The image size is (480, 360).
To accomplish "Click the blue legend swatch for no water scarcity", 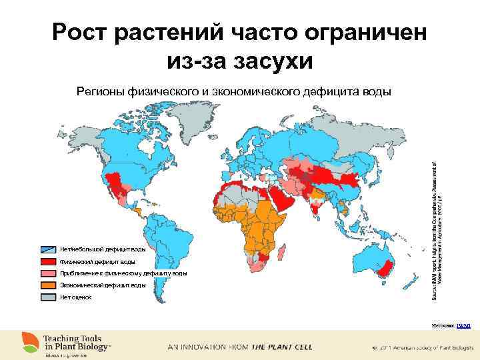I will [49, 249].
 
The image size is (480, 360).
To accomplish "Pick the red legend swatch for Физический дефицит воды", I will [49, 261].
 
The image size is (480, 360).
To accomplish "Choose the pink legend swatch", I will [49, 273].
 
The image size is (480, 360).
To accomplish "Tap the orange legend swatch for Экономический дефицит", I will [49, 285].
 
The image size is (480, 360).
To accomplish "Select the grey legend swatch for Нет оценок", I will [49, 297].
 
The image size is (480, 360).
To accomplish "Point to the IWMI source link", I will [464, 325].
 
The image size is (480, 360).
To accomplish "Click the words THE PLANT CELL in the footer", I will [281, 347].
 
